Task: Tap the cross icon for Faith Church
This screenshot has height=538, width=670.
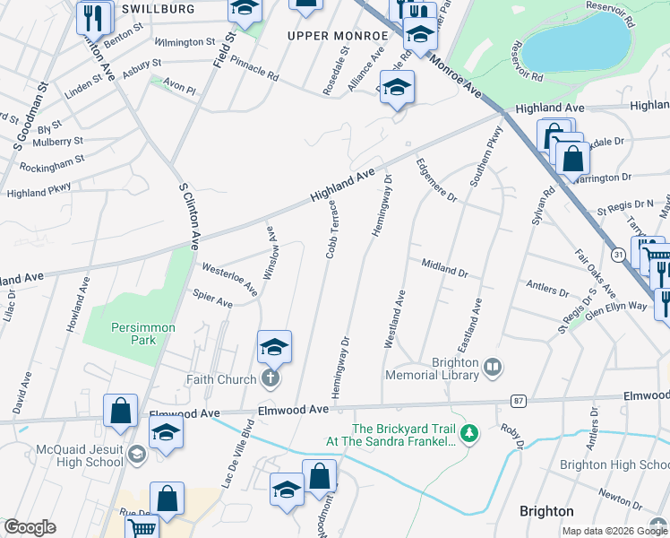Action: click(x=271, y=379)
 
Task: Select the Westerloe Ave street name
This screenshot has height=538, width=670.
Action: click(x=229, y=279)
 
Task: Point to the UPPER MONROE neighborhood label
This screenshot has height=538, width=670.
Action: click(x=336, y=35)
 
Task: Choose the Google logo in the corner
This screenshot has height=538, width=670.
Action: click(x=30, y=527)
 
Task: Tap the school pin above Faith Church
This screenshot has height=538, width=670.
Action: click(x=274, y=347)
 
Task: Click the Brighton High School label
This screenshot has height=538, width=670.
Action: click(x=614, y=464)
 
